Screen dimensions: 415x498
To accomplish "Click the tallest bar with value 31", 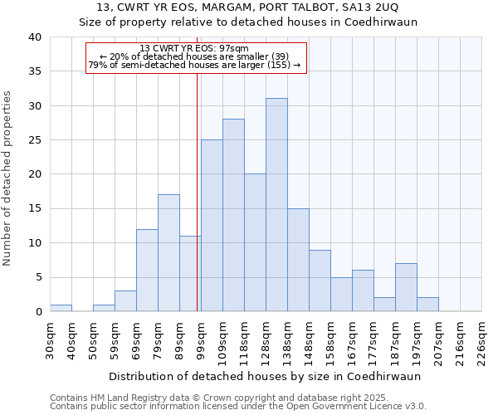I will (x=276, y=205).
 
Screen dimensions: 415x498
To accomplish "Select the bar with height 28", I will (x=233, y=215).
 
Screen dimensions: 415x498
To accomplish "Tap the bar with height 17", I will (x=168, y=253).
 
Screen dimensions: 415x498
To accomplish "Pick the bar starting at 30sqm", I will (x=61, y=308).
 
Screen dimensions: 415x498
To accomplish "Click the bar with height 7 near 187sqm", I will (x=406, y=287).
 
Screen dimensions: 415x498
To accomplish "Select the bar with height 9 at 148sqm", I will (x=320, y=281).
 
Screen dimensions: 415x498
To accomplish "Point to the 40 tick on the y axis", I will (x=34, y=37).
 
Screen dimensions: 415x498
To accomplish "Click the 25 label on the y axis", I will (x=34, y=140).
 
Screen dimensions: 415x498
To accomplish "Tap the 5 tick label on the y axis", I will (x=37, y=278).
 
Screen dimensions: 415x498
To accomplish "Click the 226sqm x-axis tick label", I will (x=481, y=339).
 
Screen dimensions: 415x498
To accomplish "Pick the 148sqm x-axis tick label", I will (x=309, y=339).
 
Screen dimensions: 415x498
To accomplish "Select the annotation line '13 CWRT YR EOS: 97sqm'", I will (x=194, y=48).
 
